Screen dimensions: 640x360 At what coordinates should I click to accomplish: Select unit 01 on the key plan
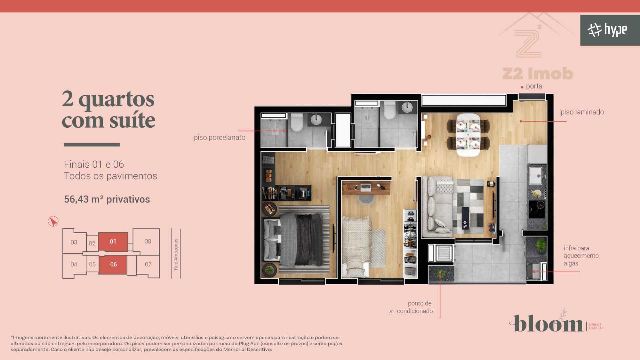pyautogui.click(x=113, y=242)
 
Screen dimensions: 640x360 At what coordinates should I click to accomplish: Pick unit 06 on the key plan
pyautogui.click(x=113, y=265)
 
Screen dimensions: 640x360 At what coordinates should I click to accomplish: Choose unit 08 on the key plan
pyautogui.click(x=148, y=241)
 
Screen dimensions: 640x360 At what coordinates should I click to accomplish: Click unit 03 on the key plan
pyautogui.click(x=74, y=242)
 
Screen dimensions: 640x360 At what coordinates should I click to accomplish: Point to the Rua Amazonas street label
pyautogui.click(x=176, y=254)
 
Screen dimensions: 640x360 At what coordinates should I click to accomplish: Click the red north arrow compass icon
pyautogui.click(x=53, y=221)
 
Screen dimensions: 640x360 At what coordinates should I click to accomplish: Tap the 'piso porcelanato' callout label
pyautogui.click(x=220, y=137)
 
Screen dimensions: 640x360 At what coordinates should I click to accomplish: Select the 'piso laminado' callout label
pyautogui.click(x=582, y=112)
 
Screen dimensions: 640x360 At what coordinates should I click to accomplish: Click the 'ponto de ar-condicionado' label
pyautogui.click(x=411, y=307)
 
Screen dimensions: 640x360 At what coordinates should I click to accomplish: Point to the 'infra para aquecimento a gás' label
pyautogui.click(x=581, y=256)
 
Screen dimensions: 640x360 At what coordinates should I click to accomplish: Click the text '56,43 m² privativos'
pyautogui.click(x=107, y=199)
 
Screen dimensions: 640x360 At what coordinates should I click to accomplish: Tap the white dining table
pyautogui.click(x=468, y=135)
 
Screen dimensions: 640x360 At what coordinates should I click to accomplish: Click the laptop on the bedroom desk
pyautogui.click(x=366, y=187)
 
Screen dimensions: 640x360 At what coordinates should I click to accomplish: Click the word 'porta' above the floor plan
pyautogui.click(x=534, y=86)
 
